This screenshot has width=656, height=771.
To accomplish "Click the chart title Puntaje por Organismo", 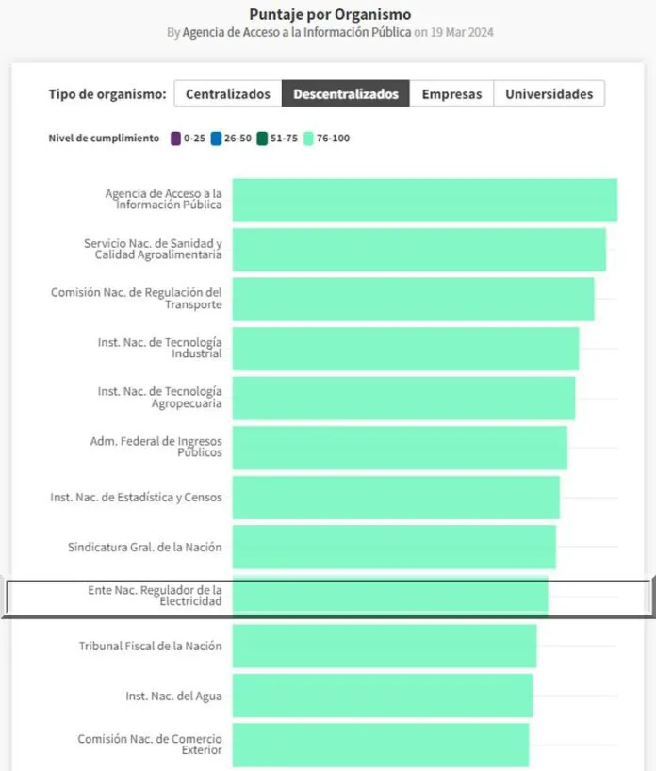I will click(330, 14).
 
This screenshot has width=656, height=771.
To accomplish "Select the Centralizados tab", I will click(227, 94).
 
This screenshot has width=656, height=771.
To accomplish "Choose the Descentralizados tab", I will click(346, 94).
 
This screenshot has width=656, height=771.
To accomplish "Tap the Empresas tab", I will click(451, 94).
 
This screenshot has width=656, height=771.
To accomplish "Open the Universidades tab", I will click(549, 94).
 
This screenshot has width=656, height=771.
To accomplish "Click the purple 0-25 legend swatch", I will click(176, 139).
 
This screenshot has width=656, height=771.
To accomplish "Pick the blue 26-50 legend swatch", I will click(217, 139).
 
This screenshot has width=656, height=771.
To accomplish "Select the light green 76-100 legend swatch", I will click(308, 139).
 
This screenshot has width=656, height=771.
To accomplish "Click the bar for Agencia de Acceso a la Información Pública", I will click(424, 200).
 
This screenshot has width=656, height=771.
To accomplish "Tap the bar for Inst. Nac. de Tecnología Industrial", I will click(405, 349).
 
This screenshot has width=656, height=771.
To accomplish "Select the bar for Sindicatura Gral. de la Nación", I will click(394, 547).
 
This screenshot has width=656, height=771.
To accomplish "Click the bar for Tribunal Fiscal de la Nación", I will click(385, 647).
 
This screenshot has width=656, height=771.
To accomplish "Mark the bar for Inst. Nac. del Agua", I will click(383, 697).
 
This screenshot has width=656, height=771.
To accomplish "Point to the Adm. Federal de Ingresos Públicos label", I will click(156, 447).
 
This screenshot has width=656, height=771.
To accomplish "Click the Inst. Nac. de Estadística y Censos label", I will click(136, 497).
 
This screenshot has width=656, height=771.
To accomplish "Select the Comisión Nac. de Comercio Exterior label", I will click(150, 745).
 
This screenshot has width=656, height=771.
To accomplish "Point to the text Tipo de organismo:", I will click(107, 94).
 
